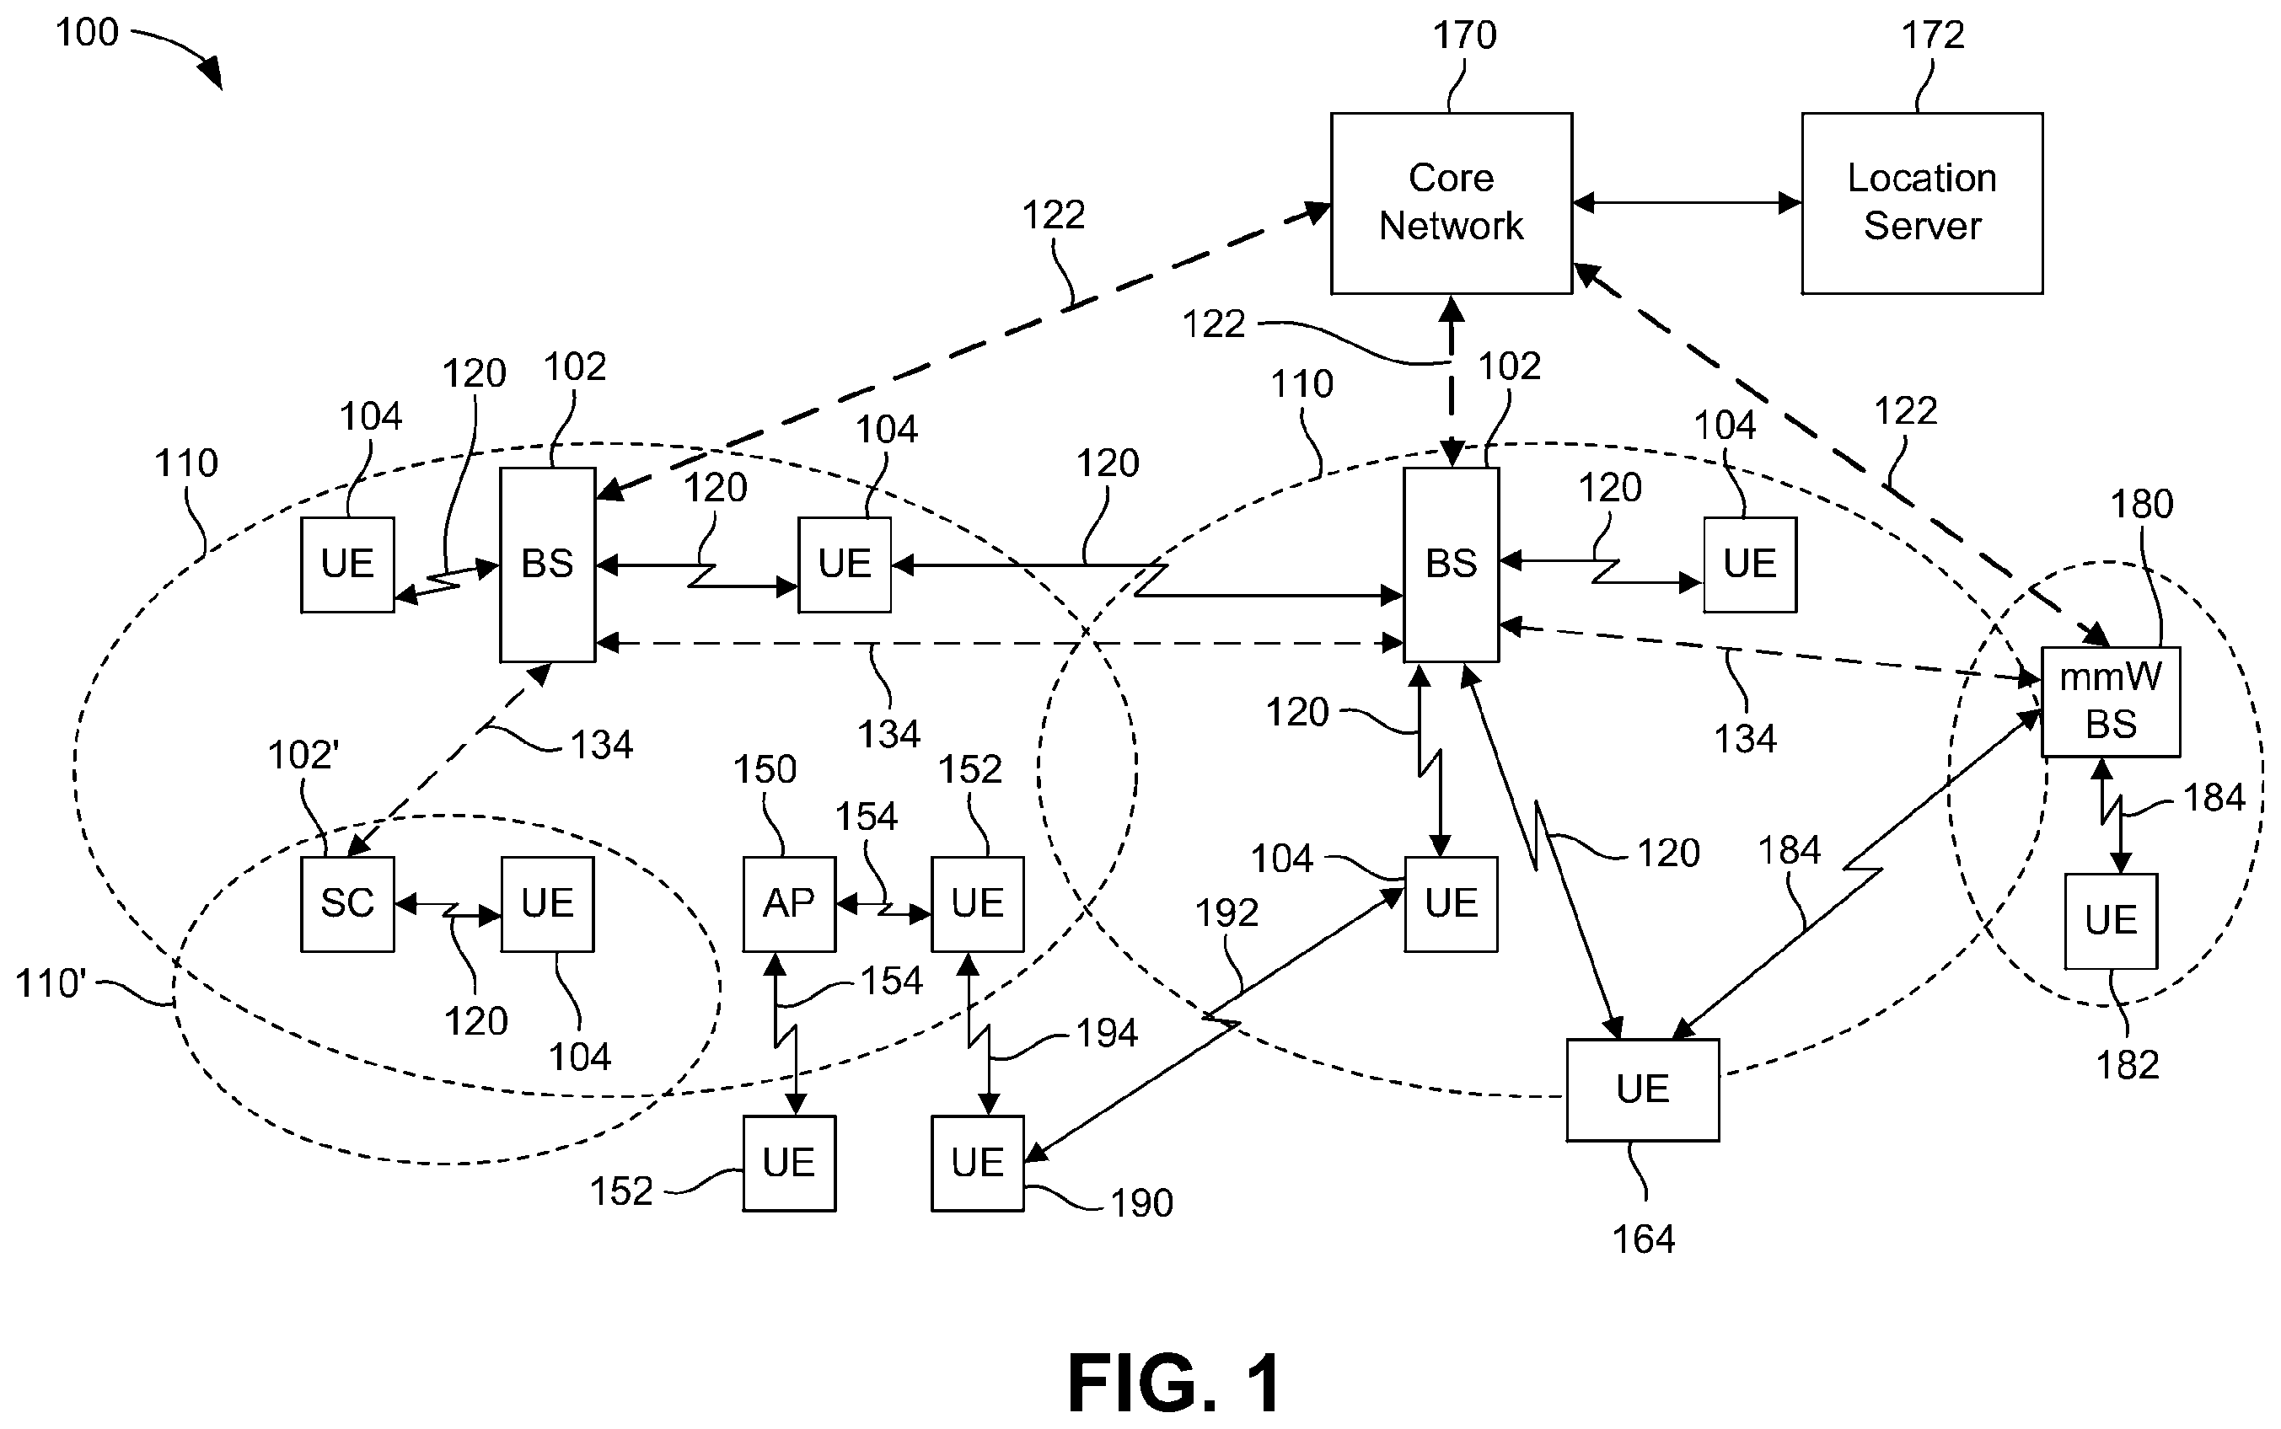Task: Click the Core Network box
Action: [1451, 203]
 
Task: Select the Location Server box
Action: [1922, 203]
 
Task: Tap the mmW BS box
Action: [2111, 701]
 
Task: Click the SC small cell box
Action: [348, 903]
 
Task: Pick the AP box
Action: [789, 903]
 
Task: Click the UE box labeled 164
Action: [1643, 1089]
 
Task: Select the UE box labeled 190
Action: [978, 1163]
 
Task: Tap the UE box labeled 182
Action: [2111, 921]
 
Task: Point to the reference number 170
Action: [1464, 36]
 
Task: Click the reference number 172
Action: [1933, 36]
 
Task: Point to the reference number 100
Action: [87, 33]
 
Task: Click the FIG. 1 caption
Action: [1175, 1382]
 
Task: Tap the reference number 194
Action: [1107, 1034]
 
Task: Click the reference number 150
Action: [765, 769]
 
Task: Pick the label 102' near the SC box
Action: [303, 755]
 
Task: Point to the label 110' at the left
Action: [50, 984]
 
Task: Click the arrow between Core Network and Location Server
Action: [1688, 202]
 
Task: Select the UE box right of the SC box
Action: [547, 903]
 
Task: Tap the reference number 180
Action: [2142, 505]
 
